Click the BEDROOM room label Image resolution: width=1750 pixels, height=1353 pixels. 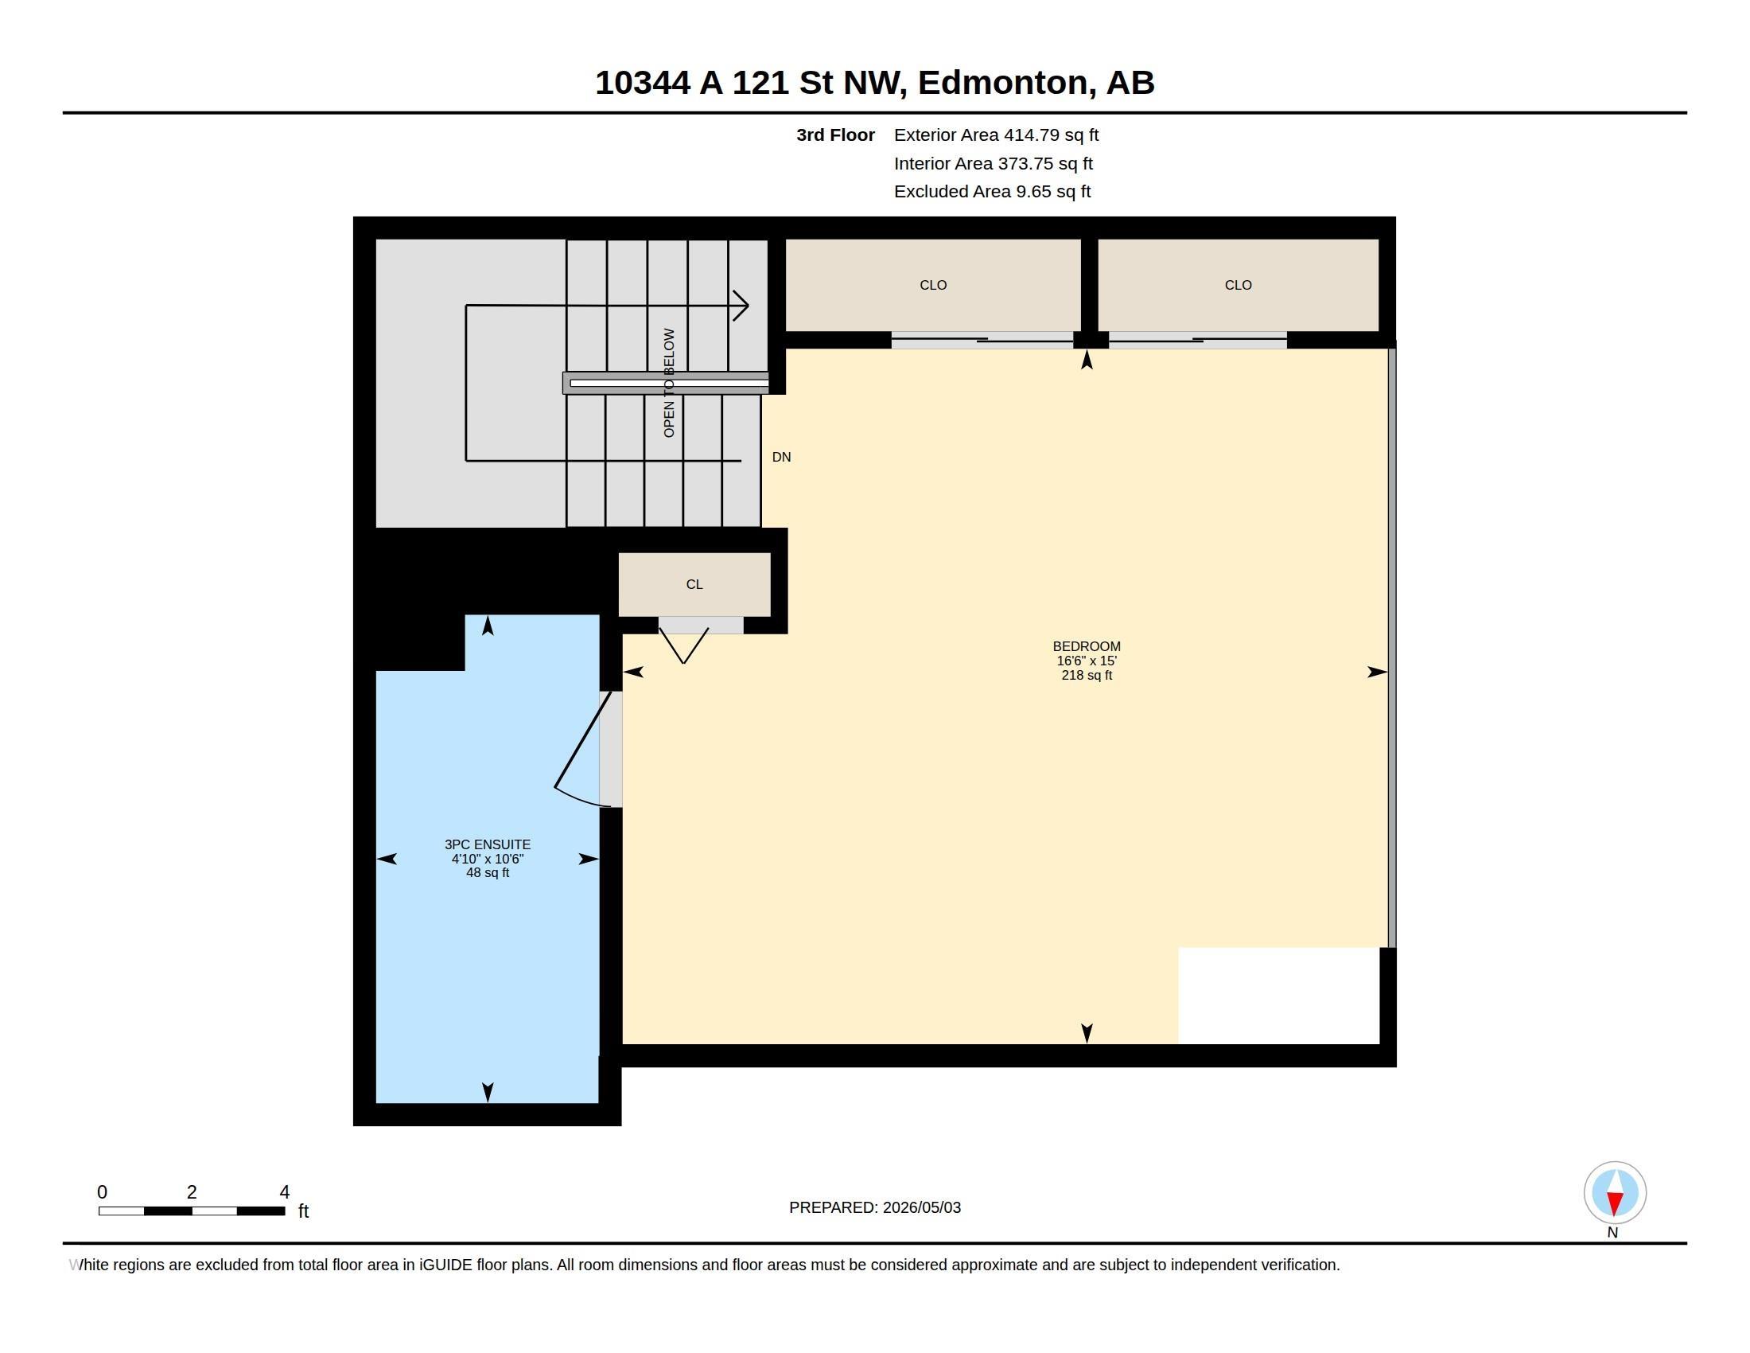point(1087,646)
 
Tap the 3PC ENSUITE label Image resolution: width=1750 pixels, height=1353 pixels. point(487,844)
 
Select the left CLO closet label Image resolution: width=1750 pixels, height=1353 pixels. point(933,285)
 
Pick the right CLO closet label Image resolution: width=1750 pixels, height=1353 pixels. point(1238,285)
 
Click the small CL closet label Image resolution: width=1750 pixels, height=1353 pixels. point(694,584)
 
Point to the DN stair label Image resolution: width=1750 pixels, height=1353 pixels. point(781,457)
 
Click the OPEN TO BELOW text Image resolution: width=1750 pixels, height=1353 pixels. point(669,382)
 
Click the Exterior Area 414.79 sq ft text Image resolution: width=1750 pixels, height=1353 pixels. point(996,135)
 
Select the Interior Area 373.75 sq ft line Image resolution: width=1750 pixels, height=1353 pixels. point(993,163)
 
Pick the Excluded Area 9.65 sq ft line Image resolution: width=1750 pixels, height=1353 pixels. point(992,192)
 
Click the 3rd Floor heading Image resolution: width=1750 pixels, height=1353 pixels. point(835,135)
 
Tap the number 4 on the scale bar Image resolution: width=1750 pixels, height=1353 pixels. point(285,1192)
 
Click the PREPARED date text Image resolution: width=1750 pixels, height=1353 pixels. point(875,1207)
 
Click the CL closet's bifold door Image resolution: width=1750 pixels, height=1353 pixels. point(683,645)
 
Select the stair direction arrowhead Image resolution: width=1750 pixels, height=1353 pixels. point(741,305)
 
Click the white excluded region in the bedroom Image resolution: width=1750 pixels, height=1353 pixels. point(1278,996)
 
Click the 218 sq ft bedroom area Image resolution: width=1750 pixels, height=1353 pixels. point(1087,675)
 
